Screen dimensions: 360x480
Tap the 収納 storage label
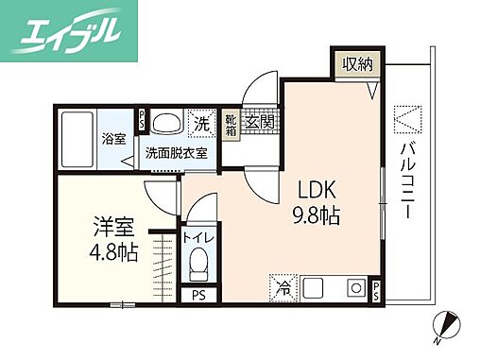pyautogui.click(x=358, y=64)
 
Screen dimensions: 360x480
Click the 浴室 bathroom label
pyautogui.click(x=113, y=139)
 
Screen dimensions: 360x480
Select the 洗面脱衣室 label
pyautogui.click(x=177, y=151)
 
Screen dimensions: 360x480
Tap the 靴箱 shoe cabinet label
pyautogui.click(x=231, y=126)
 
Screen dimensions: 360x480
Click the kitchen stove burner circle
pyautogui.click(x=356, y=285)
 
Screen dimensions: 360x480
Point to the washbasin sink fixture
pyautogui.click(x=168, y=122)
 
